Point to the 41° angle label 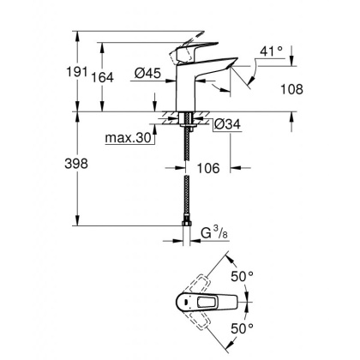[272, 51]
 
